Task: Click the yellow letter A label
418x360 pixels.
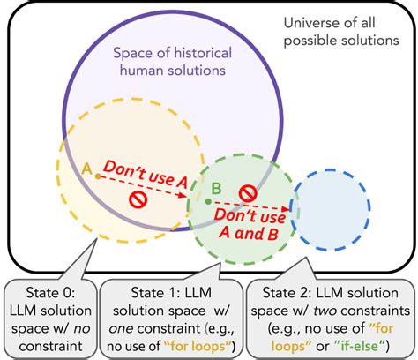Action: (86, 168)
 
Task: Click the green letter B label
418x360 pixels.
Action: (216, 188)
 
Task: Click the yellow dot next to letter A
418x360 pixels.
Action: (98, 176)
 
